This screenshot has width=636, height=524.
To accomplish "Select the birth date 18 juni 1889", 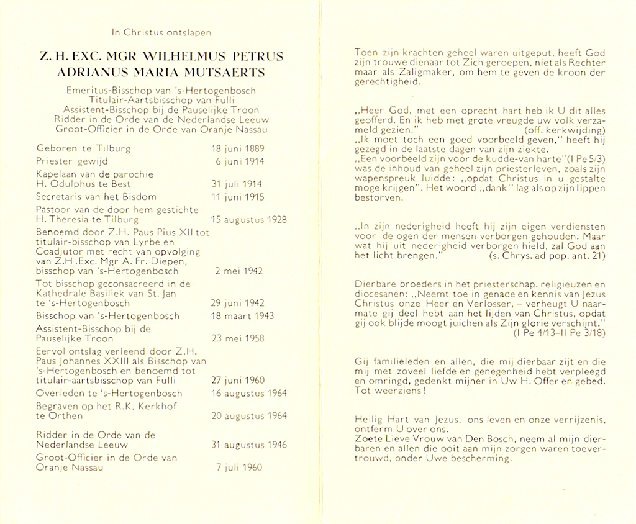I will point(238,149).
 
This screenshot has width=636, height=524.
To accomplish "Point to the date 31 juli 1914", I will point(237,184).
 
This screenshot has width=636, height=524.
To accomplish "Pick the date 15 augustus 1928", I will point(248,219).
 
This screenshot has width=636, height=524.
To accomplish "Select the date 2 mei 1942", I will point(238,271).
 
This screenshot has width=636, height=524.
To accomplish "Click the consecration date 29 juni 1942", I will point(238,303).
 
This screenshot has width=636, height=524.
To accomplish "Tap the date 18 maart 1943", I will point(243,316).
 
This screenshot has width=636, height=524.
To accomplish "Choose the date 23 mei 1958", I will point(238,338).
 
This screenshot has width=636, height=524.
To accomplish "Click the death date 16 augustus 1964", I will point(249,393).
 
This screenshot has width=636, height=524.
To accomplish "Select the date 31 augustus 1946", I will point(249,445).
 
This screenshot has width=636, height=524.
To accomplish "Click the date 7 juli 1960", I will point(238,468).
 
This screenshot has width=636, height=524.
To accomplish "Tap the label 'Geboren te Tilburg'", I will point(75,149).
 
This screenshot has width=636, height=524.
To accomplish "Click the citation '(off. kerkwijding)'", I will point(564,130).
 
